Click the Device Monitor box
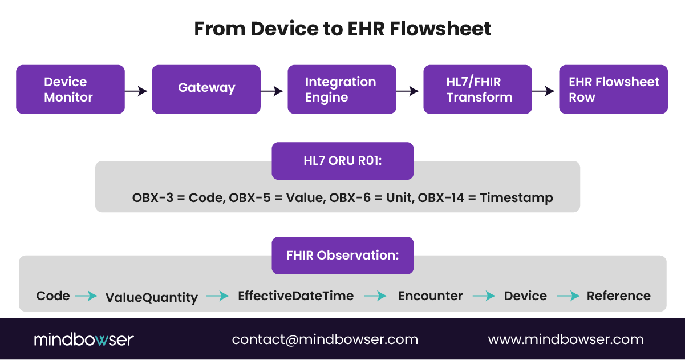(x=70, y=90)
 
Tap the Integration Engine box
(x=342, y=90)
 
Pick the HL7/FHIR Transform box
(x=477, y=90)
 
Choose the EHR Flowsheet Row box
(x=613, y=90)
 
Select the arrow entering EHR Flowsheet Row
(x=545, y=91)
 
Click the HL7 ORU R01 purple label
(x=342, y=161)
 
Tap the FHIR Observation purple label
(x=342, y=256)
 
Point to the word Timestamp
(x=516, y=198)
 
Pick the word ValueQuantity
(x=152, y=297)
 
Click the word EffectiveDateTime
(x=295, y=296)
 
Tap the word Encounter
(x=430, y=296)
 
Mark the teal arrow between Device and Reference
(x=568, y=296)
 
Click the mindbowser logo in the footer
(x=83, y=340)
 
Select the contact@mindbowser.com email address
(x=325, y=339)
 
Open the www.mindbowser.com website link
(x=565, y=339)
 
